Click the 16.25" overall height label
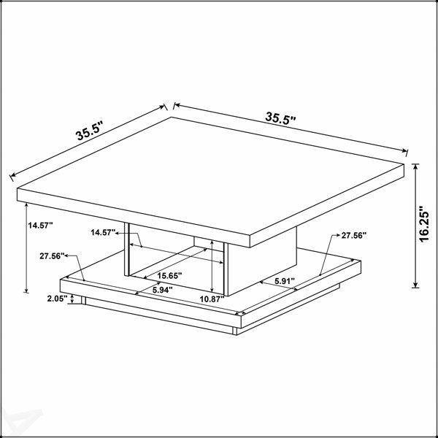(423, 224)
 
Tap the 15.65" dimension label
(169, 276)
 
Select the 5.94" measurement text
(162, 291)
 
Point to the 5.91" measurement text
(285, 281)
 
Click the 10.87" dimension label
(212, 299)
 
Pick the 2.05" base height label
(57, 299)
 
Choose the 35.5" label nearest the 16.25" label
(280, 118)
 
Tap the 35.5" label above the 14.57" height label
(89, 131)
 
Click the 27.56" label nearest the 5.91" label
(353, 236)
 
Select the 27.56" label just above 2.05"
(52, 256)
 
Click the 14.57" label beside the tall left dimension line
(40, 226)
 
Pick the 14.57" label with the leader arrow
(103, 232)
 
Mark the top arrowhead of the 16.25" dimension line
(415, 166)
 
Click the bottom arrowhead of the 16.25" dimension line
(415, 285)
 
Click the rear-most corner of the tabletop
(172, 118)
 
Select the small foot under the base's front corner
(234, 331)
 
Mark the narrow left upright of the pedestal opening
(126, 249)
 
